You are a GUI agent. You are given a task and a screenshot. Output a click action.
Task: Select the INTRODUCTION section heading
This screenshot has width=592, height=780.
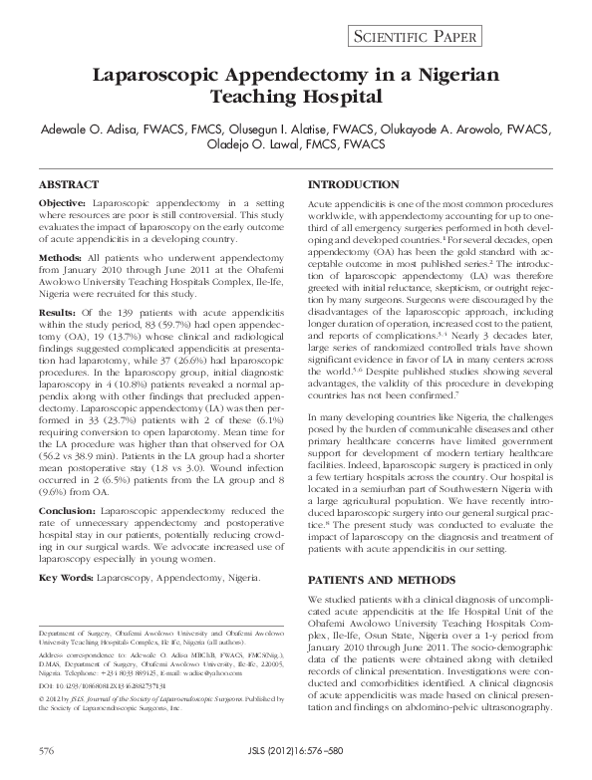[x=356, y=186]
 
